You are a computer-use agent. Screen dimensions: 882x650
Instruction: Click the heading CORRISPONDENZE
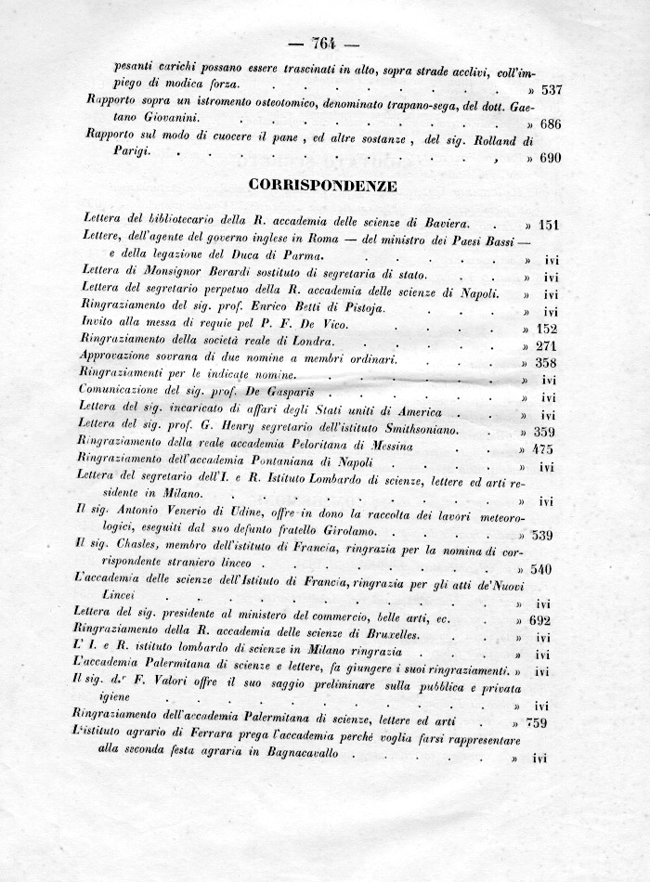click(323, 185)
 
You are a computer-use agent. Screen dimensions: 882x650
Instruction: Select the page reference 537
click(552, 90)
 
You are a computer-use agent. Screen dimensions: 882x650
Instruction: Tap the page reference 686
click(552, 124)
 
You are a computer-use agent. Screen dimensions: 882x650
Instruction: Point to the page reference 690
click(552, 158)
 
